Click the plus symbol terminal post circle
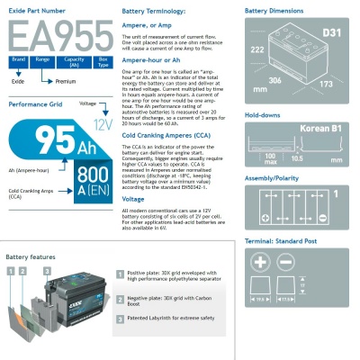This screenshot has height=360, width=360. [261, 262]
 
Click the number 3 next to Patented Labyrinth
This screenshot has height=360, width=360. [121, 319]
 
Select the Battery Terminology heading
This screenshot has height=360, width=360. [156, 12]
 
